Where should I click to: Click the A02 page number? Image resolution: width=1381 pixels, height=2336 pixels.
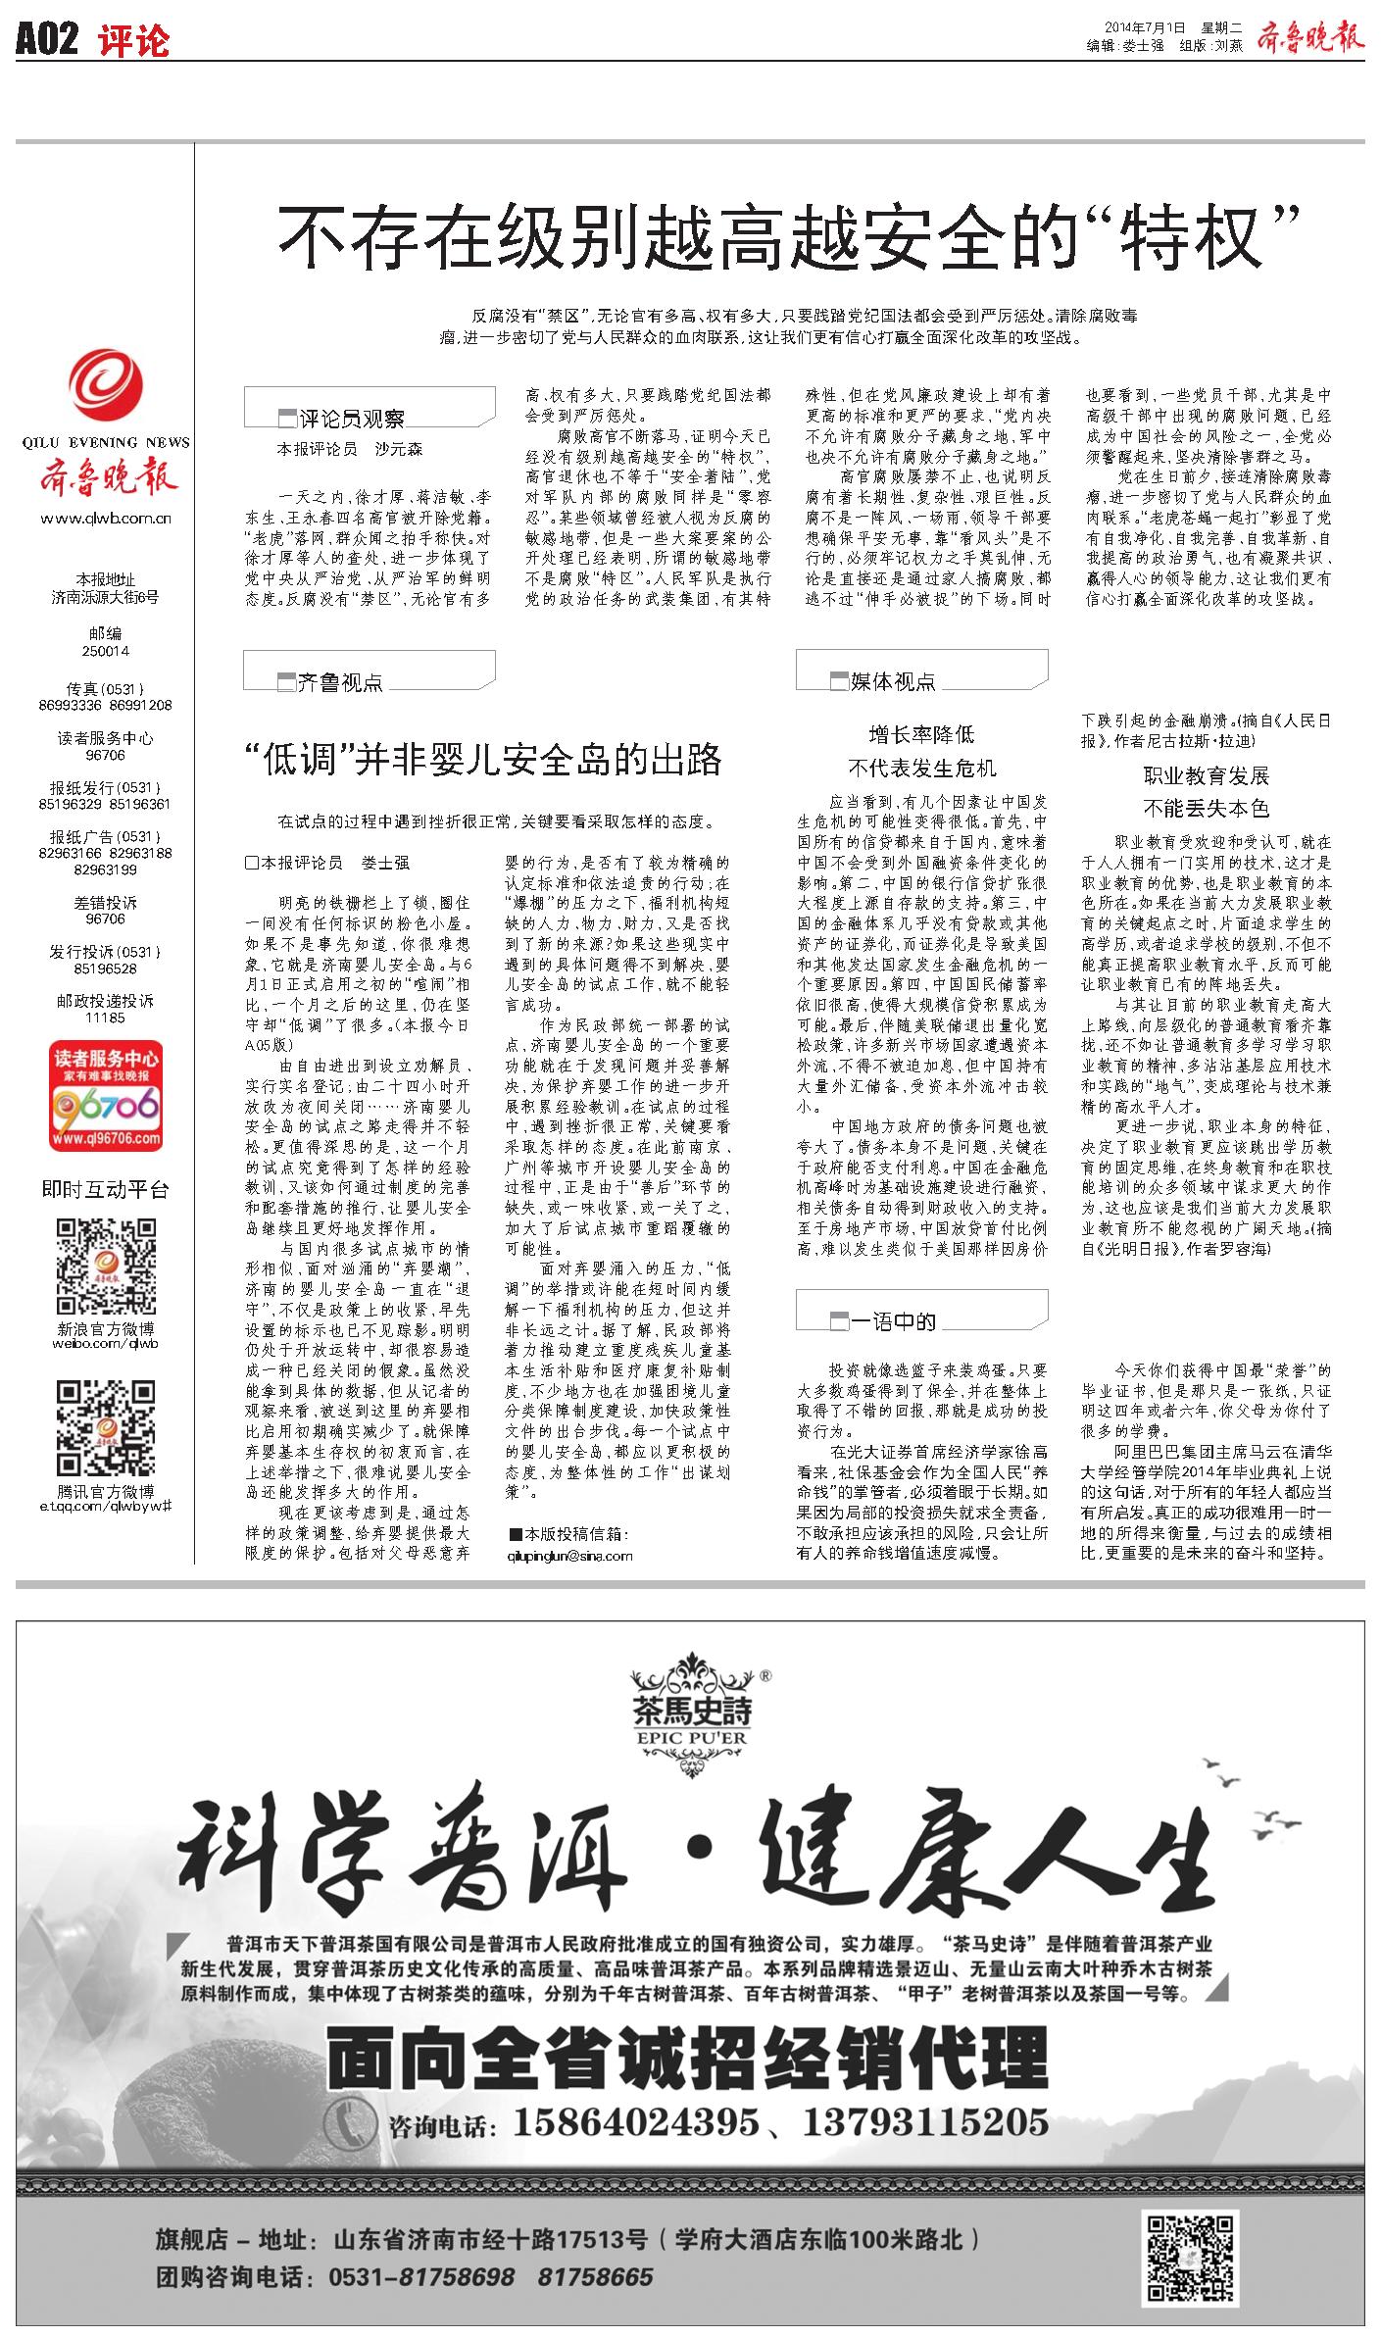[47, 40]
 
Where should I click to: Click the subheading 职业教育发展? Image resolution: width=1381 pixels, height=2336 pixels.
[1206, 776]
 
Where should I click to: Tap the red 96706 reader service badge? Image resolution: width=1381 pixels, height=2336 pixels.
[106, 1096]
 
